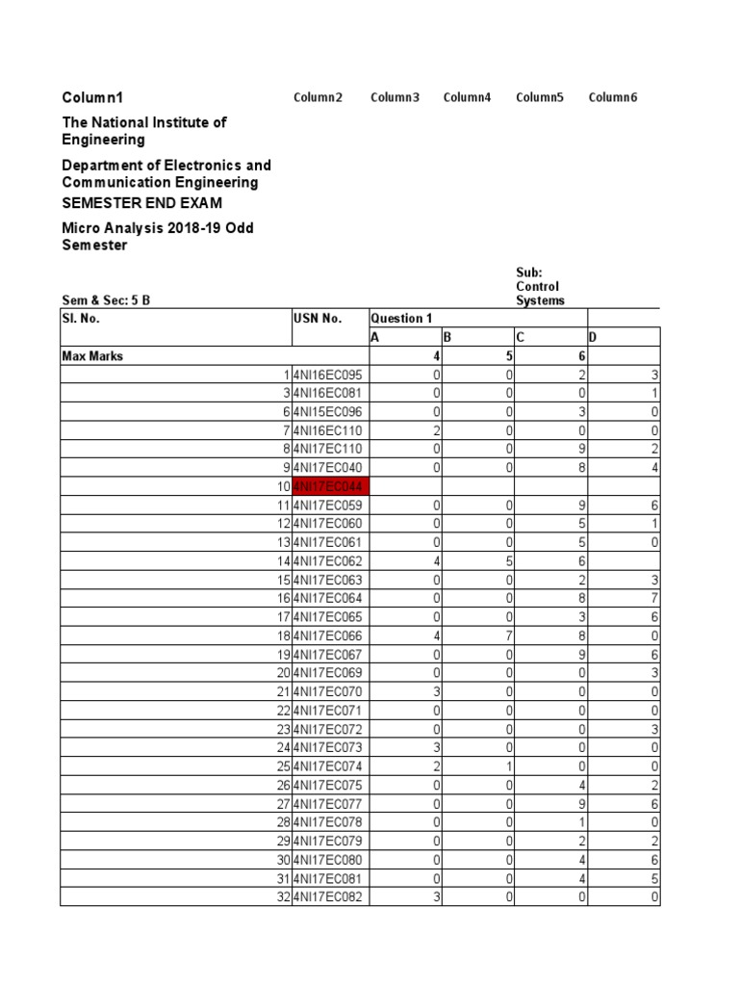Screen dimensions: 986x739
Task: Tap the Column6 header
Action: [613, 97]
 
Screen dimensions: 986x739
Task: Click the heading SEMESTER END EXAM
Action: [141, 203]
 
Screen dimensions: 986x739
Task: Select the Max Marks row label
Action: [92, 356]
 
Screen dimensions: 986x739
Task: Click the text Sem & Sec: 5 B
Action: [106, 299]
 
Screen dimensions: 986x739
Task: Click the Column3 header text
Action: [395, 97]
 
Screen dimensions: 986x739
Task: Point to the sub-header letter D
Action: [593, 337]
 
